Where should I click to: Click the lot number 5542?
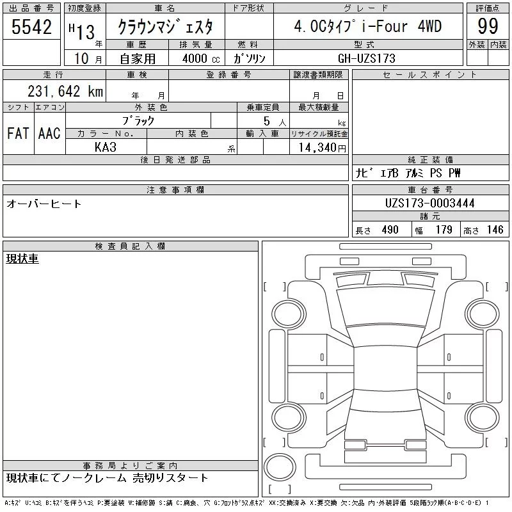31,27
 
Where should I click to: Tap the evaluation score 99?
488,26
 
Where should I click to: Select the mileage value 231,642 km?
65,92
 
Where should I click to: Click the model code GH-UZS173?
367,58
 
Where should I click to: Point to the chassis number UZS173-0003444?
429,203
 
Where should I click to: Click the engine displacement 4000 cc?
201,59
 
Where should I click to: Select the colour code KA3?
106,147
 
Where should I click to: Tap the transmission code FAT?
18,134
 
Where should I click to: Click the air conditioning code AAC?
49,134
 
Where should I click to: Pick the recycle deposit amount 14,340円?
323,148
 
